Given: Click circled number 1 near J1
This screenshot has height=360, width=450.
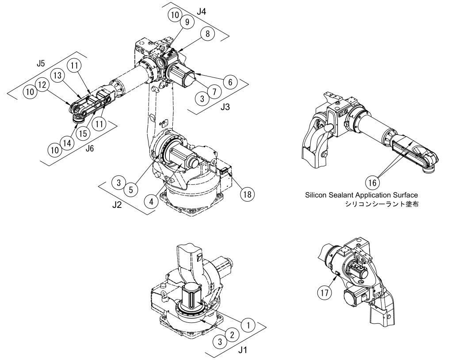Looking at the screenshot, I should [249, 325].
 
